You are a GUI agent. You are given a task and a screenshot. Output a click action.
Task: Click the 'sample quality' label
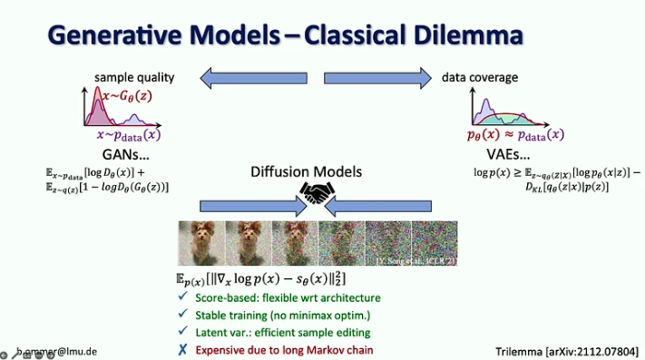[x=133, y=77]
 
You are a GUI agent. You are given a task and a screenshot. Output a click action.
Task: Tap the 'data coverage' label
[x=480, y=77]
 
